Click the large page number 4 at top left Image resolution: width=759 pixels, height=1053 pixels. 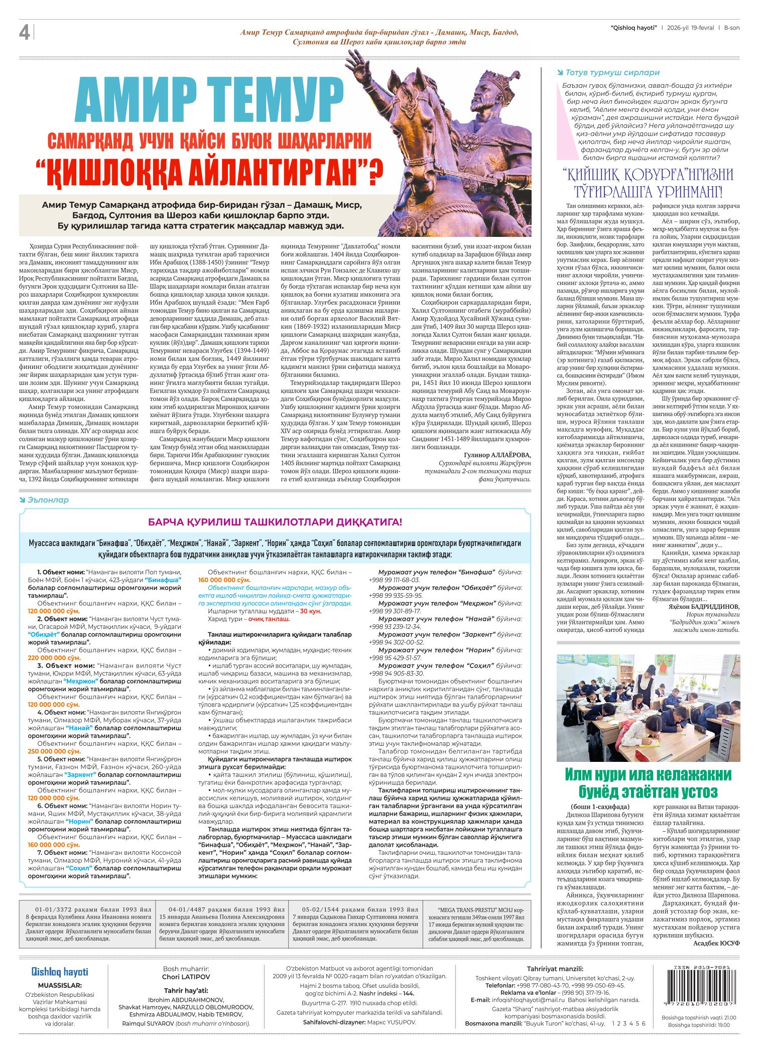point(24,33)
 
